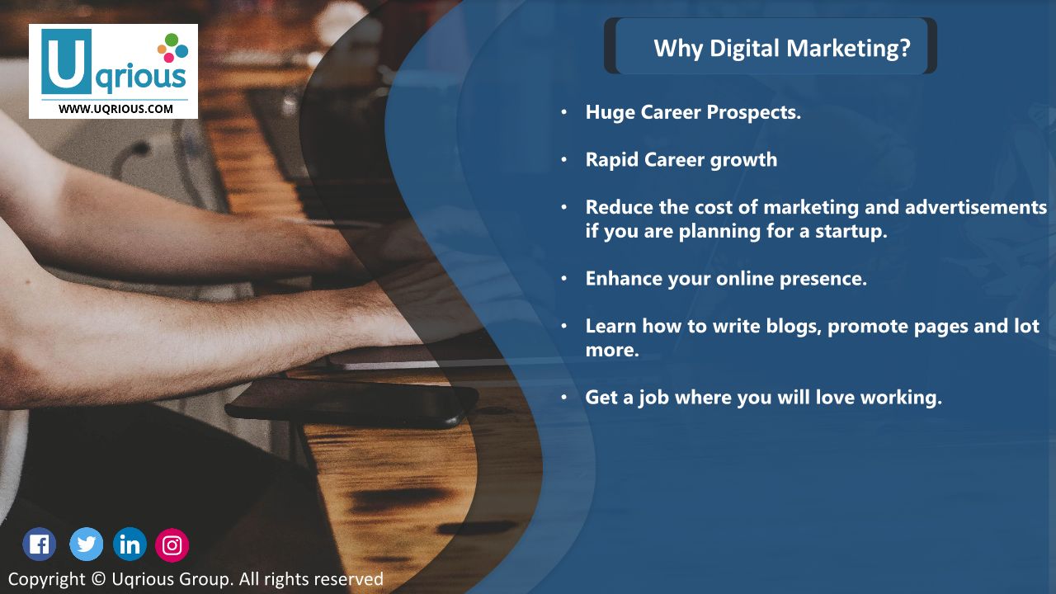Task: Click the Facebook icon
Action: click(39, 544)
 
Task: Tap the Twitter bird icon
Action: click(87, 544)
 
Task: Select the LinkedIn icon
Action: click(130, 544)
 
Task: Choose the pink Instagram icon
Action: click(172, 545)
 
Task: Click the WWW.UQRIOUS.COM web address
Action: click(115, 109)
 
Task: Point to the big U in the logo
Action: click(66, 61)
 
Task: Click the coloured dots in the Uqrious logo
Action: click(172, 48)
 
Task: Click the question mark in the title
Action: click(905, 48)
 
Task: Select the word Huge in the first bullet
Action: click(610, 113)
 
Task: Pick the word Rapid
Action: click(612, 160)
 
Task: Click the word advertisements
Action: click(976, 207)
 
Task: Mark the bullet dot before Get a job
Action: click(563, 397)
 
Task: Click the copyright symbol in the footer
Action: click(98, 578)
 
